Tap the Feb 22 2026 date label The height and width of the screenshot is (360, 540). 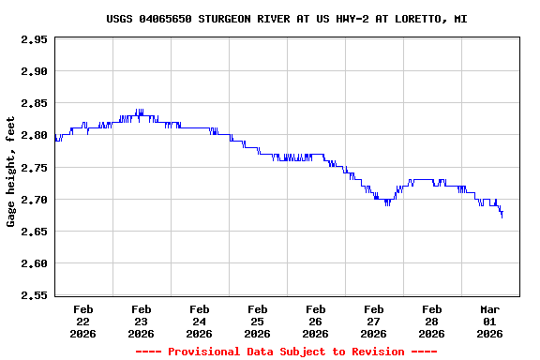[83, 321]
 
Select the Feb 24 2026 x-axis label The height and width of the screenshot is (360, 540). [200, 321]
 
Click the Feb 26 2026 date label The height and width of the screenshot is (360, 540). [316, 321]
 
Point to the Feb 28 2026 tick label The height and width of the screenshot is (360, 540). [432, 321]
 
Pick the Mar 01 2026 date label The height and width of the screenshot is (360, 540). [490, 321]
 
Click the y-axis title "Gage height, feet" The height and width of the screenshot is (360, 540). [11, 172]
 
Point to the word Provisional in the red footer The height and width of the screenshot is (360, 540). [202, 352]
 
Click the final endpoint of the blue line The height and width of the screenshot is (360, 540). [502, 217]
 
